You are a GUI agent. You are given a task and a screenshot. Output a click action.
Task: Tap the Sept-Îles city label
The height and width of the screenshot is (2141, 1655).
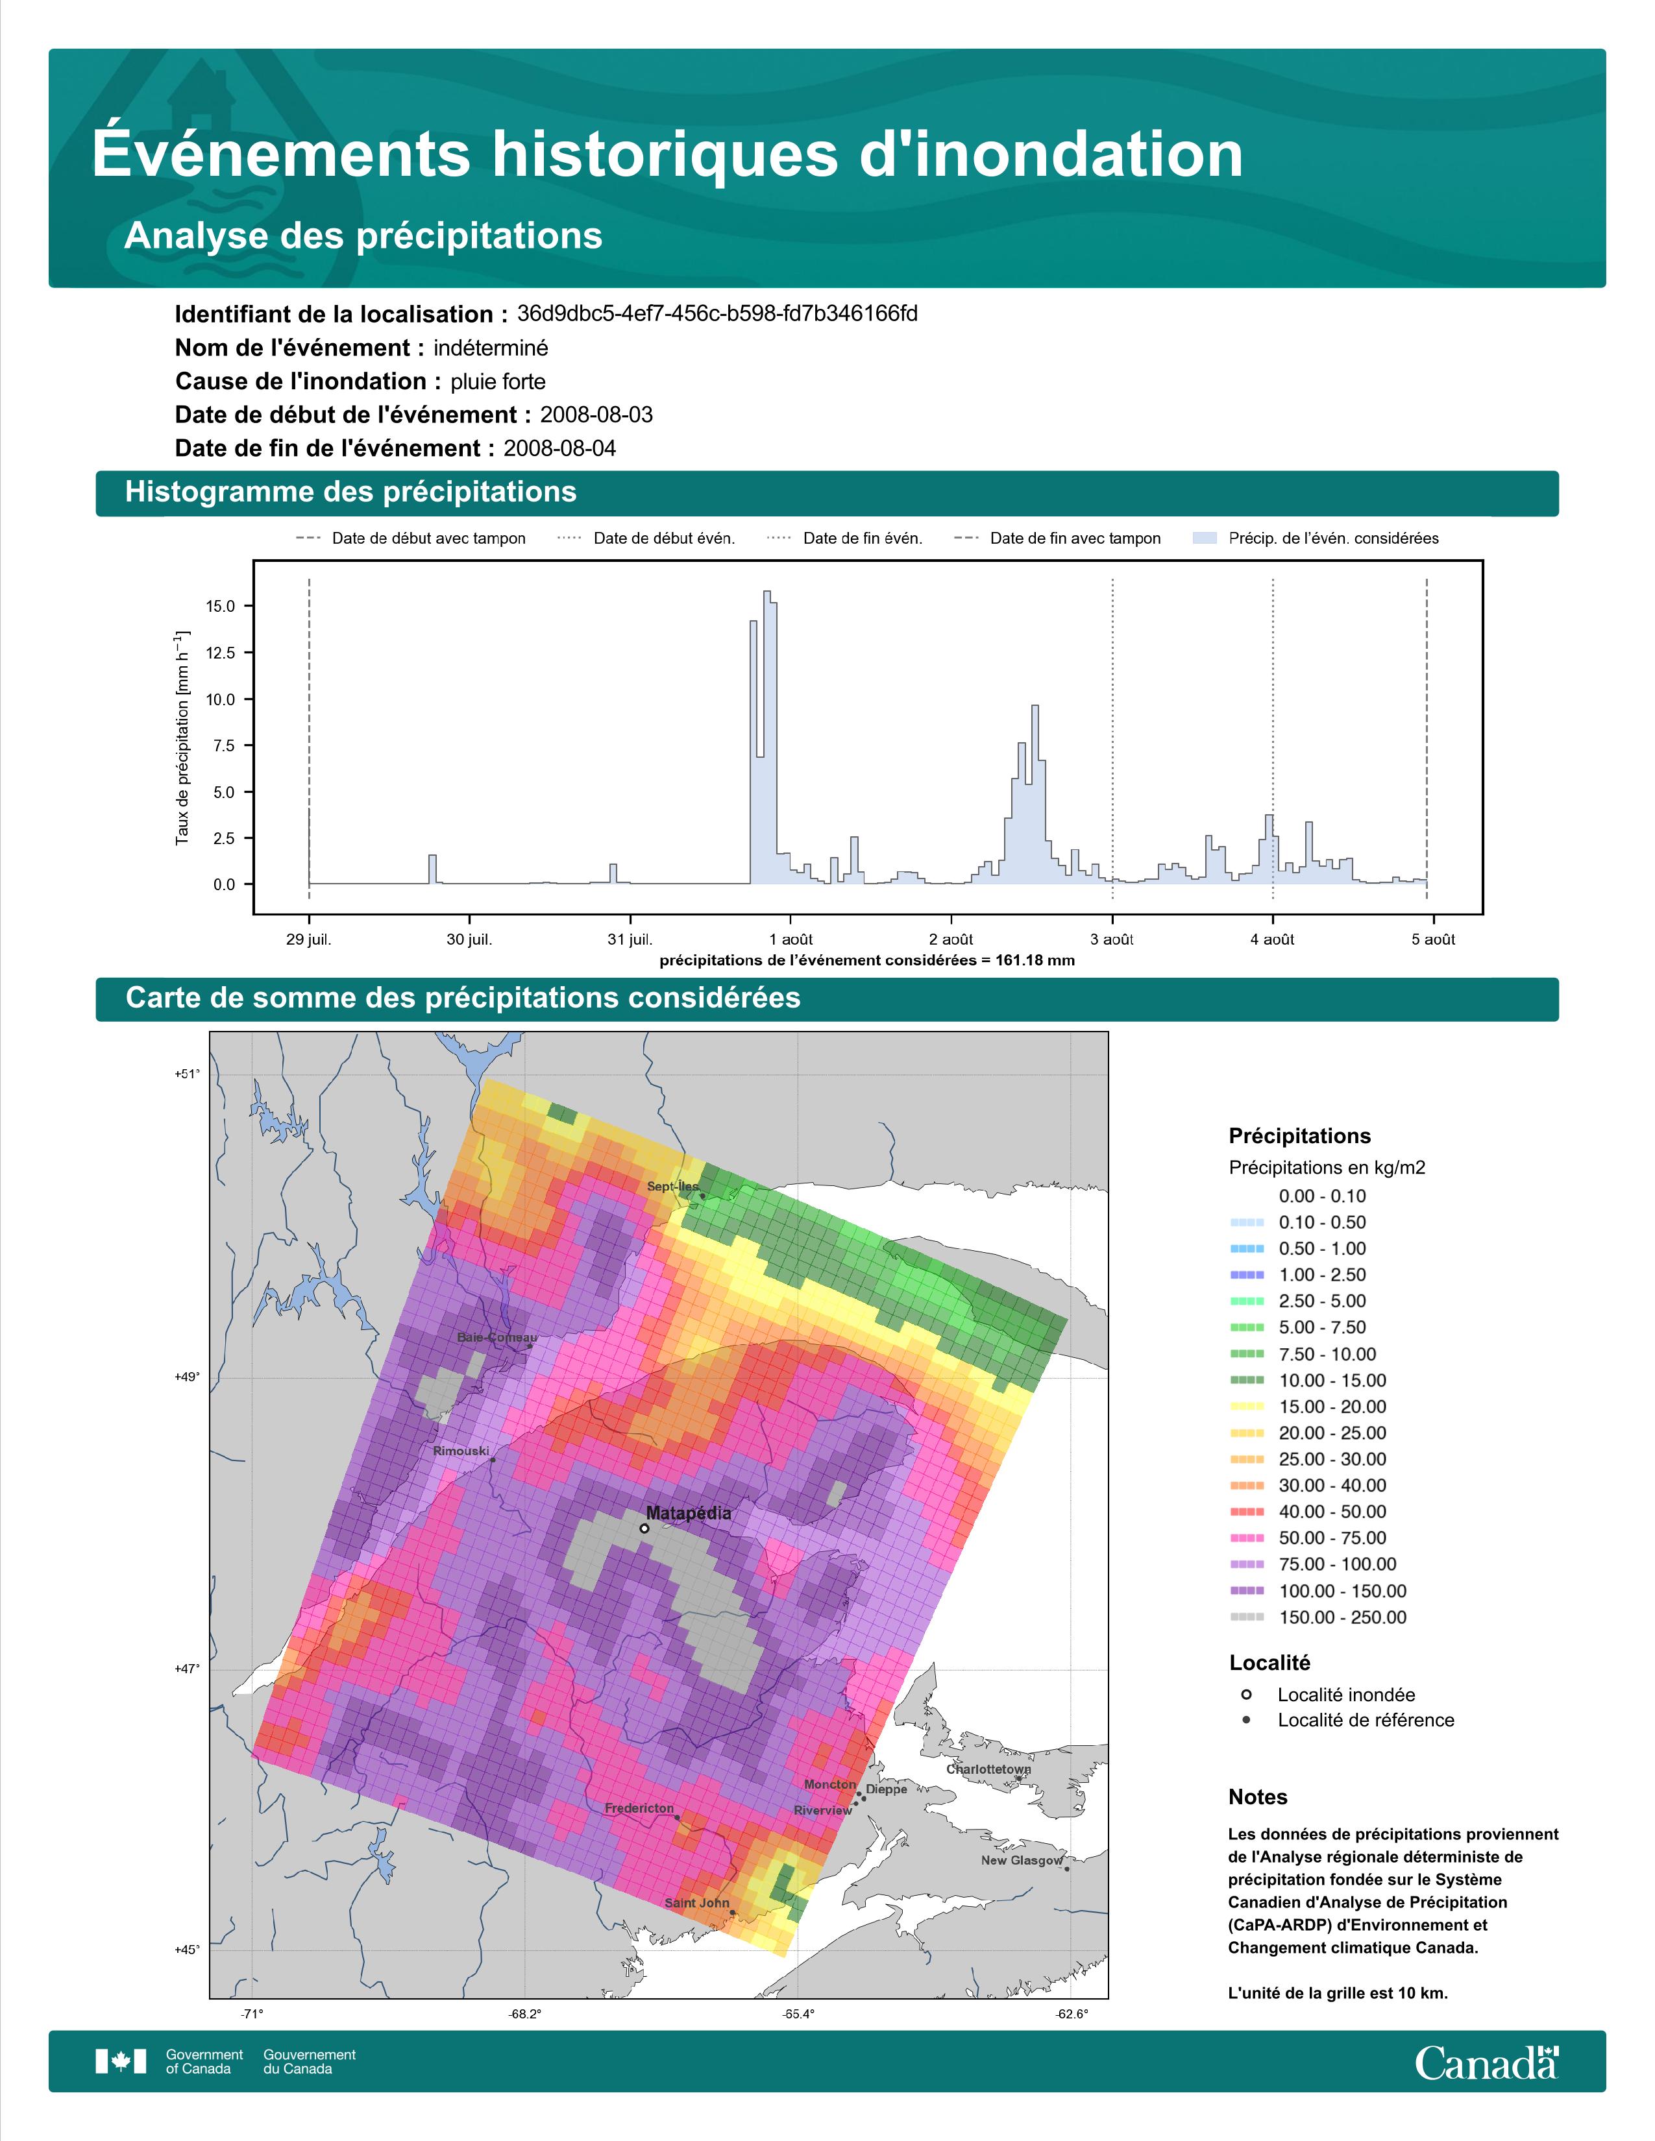pyautogui.click(x=672, y=1186)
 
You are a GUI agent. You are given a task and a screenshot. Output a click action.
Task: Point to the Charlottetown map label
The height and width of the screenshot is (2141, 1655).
pyautogui.click(x=988, y=1769)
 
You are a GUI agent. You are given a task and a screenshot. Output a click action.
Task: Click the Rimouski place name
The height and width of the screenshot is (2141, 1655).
pyautogui.click(x=461, y=1451)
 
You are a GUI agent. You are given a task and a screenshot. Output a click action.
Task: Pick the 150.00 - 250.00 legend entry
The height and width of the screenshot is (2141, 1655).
pyautogui.click(x=1319, y=1617)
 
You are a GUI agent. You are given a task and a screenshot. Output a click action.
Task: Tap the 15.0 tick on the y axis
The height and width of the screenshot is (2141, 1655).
pyautogui.click(x=221, y=607)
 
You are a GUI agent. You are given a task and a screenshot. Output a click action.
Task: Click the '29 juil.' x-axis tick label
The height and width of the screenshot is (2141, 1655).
pyautogui.click(x=309, y=939)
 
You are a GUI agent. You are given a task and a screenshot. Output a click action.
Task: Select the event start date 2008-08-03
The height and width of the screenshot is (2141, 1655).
pyautogui.click(x=596, y=415)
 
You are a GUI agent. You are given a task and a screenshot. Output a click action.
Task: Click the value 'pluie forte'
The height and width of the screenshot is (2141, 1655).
pyautogui.click(x=498, y=381)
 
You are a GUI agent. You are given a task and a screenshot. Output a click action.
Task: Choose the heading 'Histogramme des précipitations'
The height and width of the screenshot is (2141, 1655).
pyautogui.click(x=351, y=492)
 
